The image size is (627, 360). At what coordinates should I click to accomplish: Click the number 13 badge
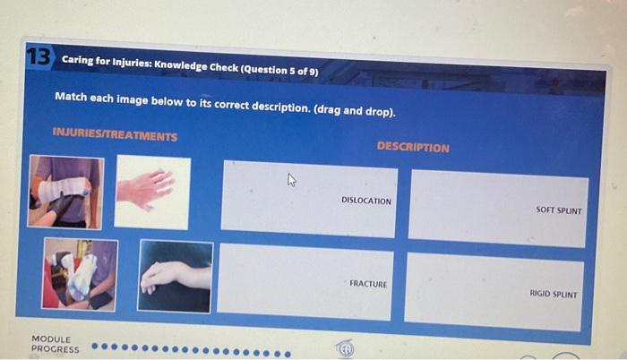coord(39,56)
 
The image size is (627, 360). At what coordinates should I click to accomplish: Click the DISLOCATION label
coord(366,201)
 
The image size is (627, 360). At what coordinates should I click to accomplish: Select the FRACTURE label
coord(368,284)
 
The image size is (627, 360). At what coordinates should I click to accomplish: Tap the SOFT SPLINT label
coord(559,210)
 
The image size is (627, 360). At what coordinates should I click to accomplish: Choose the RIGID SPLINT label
coord(554,294)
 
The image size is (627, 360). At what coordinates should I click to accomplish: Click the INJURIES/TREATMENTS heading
coord(116,134)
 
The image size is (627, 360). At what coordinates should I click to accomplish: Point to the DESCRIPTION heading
coord(413,147)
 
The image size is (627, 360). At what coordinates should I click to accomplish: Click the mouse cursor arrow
coord(291,180)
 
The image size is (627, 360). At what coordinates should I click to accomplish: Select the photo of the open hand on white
coord(152,193)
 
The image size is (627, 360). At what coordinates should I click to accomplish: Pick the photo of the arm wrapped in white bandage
coord(65,192)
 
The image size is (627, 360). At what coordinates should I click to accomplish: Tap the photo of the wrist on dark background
coord(176,276)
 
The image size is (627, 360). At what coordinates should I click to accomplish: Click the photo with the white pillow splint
coord(80,274)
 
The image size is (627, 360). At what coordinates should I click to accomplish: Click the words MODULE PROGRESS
coord(56,344)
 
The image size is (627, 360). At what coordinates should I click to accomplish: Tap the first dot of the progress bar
coord(95,346)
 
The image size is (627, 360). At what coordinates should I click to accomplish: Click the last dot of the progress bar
coord(288,355)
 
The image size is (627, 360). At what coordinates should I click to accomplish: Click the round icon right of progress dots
coord(345,348)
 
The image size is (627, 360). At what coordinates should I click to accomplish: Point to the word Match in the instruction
coord(71,97)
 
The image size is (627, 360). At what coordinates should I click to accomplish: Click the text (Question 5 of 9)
coord(279,70)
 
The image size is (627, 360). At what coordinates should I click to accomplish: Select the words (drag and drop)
coord(355,110)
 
